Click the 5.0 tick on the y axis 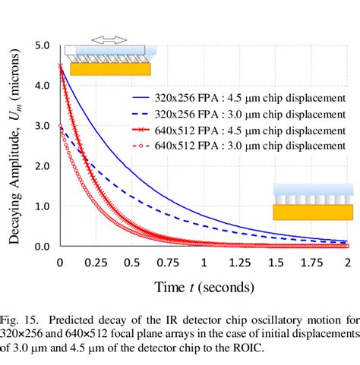tap(43, 46)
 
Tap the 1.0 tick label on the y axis tap(43, 206)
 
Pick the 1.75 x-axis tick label tap(311, 262)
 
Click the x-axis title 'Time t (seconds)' tap(204, 287)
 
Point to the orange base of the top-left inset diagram tap(110, 69)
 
